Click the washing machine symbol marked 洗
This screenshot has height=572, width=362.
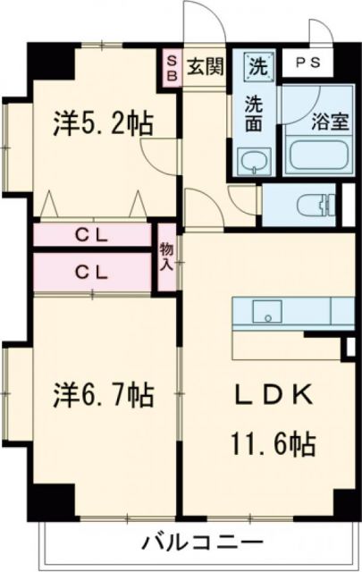click(x=257, y=64)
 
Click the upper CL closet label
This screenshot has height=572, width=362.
click(x=92, y=236)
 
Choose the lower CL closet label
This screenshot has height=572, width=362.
click(x=92, y=273)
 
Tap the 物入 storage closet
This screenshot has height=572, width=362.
click(x=166, y=257)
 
